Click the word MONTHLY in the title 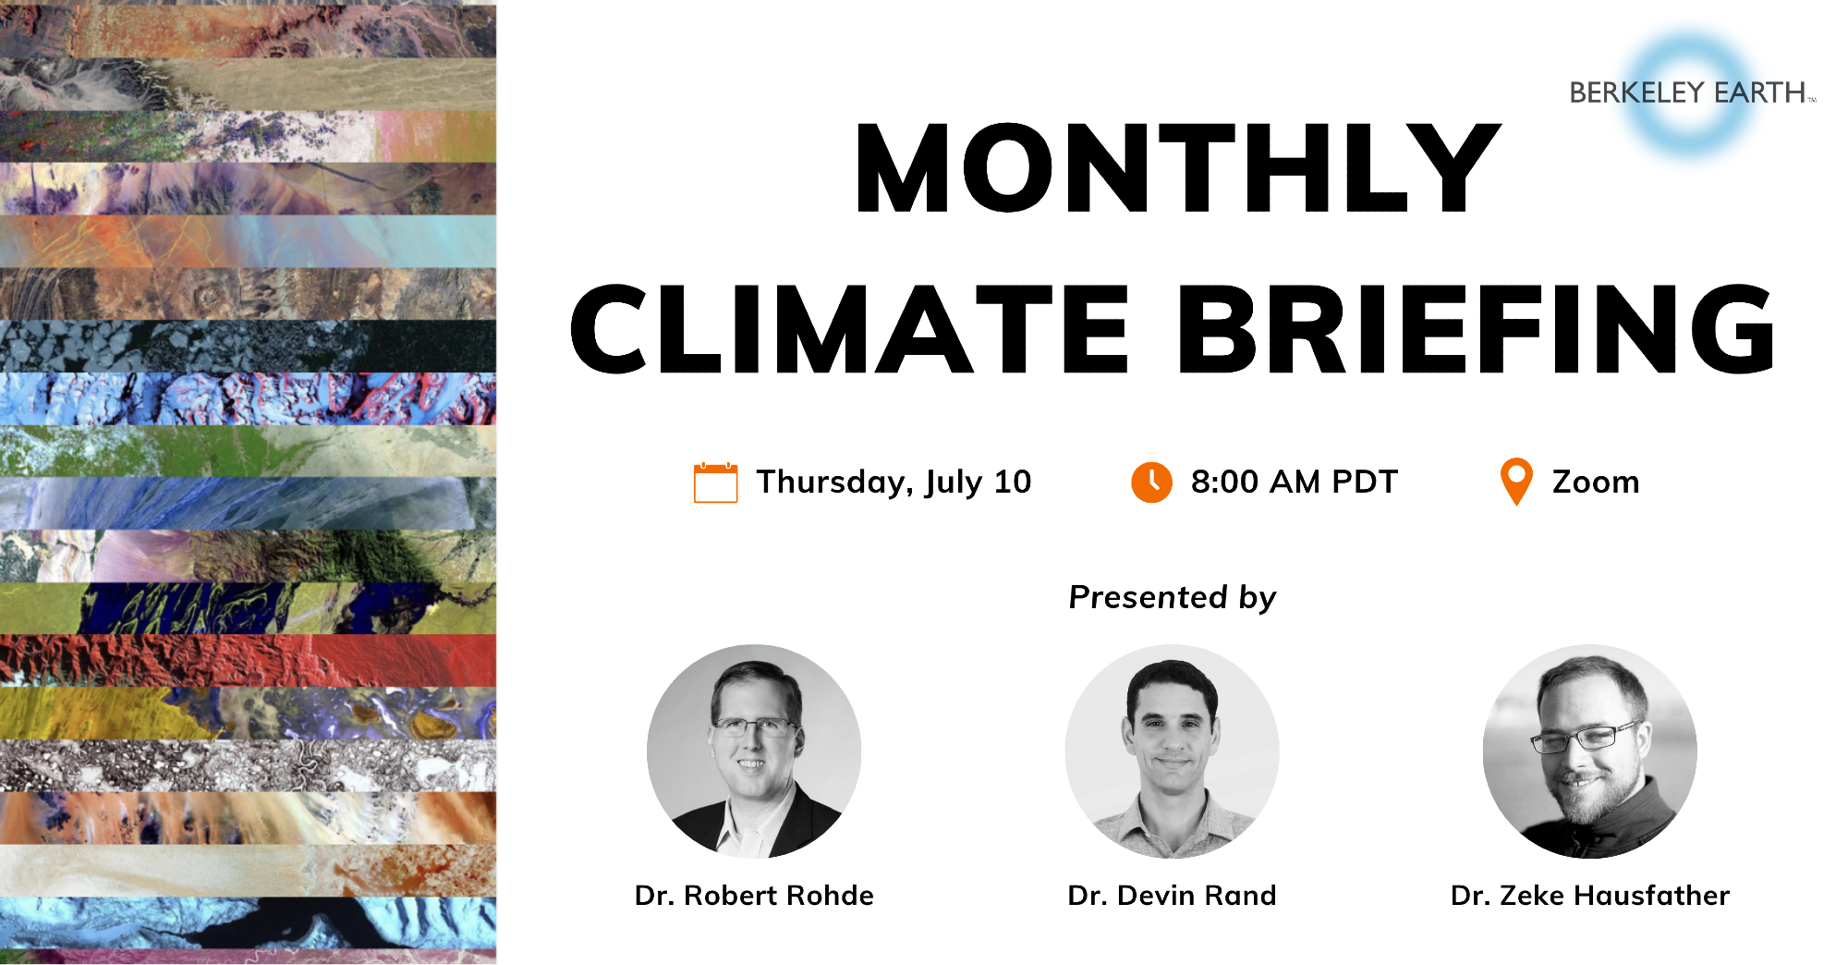tap(1178, 168)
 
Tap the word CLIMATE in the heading tap(849, 329)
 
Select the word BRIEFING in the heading tap(1476, 329)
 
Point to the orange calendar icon tap(716, 482)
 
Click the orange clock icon tap(1151, 482)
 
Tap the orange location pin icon tap(1516, 482)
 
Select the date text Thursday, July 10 tap(894, 482)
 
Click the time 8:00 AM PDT tap(1294, 482)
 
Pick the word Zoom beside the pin tap(1596, 482)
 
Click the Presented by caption tap(1173, 597)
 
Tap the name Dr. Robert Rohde tap(754, 895)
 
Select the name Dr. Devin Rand tap(1172, 895)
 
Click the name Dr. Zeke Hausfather tap(1590, 895)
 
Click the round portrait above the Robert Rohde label tap(754, 751)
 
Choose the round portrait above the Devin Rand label tap(1173, 751)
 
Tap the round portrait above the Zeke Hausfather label tap(1590, 751)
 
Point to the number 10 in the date tap(1013, 481)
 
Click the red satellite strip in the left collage tap(248, 660)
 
